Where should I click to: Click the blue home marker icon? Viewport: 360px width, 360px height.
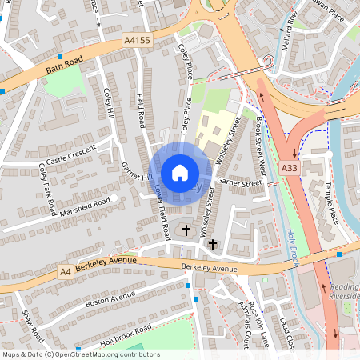(x=180, y=173)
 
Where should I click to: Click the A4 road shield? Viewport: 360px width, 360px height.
(x=66, y=273)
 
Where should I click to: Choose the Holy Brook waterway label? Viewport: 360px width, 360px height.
(x=291, y=249)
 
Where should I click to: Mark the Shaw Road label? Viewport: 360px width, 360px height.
(x=34, y=325)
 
